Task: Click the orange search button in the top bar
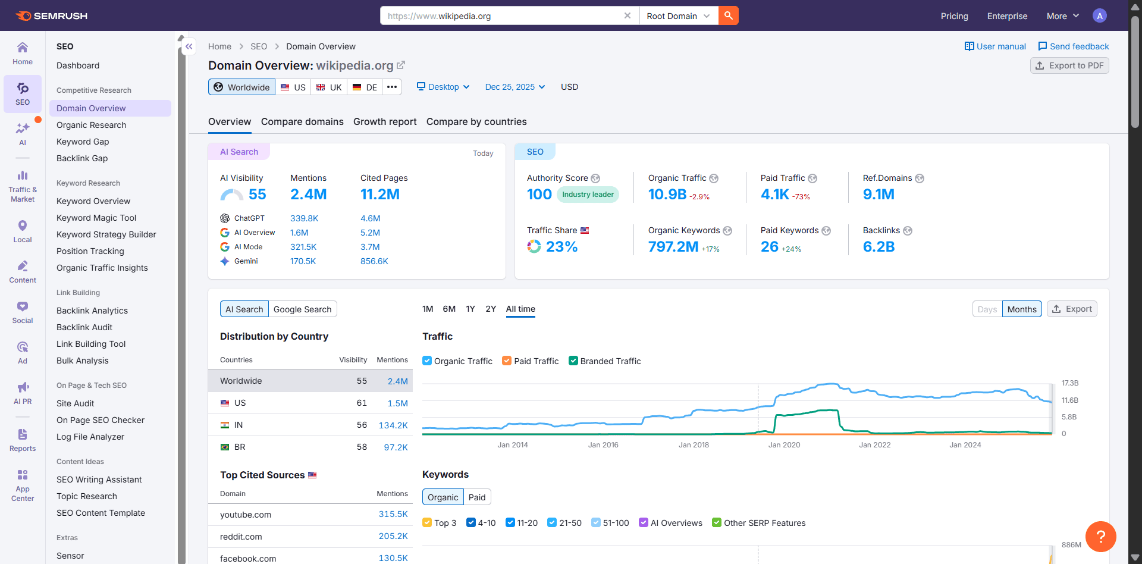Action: (x=728, y=15)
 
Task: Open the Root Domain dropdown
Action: (x=678, y=16)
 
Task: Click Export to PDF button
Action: (x=1069, y=65)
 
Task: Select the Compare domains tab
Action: (x=302, y=121)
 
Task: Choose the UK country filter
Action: (x=329, y=87)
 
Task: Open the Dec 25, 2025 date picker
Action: (x=515, y=87)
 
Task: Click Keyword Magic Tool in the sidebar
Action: (x=96, y=218)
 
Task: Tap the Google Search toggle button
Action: (x=302, y=309)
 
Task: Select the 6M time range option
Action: (x=449, y=309)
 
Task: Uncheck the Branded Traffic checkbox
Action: (x=573, y=361)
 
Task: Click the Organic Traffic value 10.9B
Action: (x=667, y=195)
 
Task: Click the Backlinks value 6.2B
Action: (x=879, y=247)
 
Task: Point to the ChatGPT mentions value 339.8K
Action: (x=304, y=218)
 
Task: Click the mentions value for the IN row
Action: (x=393, y=425)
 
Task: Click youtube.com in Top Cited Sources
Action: (x=246, y=515)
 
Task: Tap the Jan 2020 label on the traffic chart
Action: (x=784, y=445)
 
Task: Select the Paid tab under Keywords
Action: (x=476, y=497)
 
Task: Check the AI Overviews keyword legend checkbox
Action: (x=644, y=522)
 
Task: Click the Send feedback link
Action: (x=1073, y=46)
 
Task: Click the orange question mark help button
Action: (x=1100, y=537)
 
